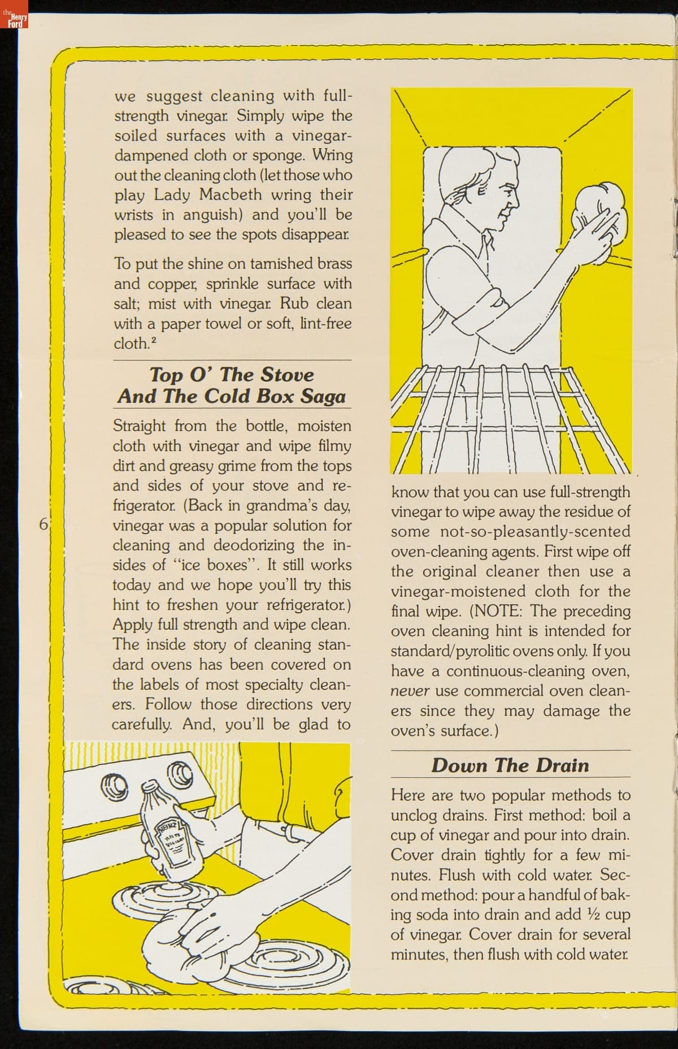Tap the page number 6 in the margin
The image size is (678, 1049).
43,523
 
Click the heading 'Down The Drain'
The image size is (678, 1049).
510,765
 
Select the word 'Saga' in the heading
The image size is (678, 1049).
323,396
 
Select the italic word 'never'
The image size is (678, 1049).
410,691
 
